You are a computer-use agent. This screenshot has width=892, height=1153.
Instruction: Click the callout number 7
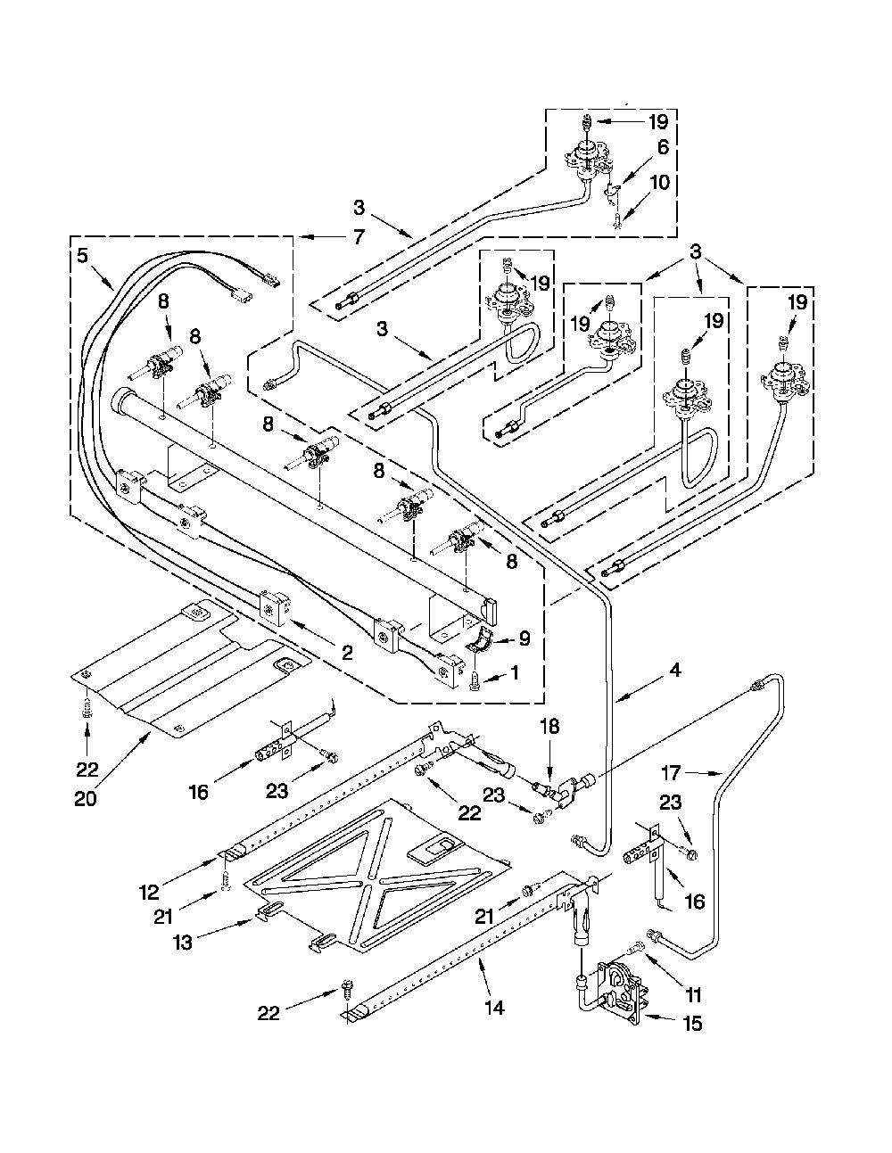[x=359, y=236]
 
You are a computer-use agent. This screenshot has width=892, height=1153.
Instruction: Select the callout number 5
[x=82, y=256]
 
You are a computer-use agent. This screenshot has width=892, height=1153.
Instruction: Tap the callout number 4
[x=674, y=671]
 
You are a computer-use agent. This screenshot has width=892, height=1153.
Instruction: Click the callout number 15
[x=691, y=1023]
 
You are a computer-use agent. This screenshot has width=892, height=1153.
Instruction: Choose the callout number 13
[x=183, y=943]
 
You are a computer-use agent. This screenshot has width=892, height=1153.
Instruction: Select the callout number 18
[x=549, y=726]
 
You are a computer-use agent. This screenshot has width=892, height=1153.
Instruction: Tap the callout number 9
[x=524, y=638]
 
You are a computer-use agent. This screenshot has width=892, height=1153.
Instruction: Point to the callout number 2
[x=347, y=653]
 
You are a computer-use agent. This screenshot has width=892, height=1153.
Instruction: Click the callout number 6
[x=664, y=147]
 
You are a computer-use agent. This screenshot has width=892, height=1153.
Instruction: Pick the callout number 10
[x=659, y=183]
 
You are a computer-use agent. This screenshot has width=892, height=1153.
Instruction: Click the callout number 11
[x=693, y=994]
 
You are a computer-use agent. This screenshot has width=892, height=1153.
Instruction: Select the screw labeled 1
[x=474, y=686]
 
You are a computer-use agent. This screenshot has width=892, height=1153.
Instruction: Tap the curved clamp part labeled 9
[x=482, y=638]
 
